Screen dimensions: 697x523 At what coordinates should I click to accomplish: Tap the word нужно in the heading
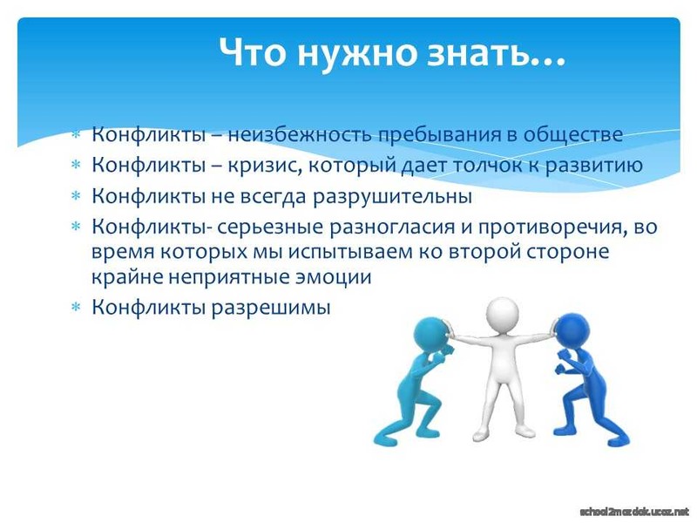coord(355,52)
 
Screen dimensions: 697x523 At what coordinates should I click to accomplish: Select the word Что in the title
coord(252,51)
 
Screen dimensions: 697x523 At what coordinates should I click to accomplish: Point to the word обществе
coord(573,134)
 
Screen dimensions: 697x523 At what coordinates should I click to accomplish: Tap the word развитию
coord(594,166)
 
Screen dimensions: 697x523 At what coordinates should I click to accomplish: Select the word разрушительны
coord(392,196)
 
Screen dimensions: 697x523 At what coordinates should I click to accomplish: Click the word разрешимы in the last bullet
coord(271,308)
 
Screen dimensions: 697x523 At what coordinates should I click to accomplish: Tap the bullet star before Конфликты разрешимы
coord(77,307)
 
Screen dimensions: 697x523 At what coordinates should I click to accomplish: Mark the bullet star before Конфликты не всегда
coord(77,195)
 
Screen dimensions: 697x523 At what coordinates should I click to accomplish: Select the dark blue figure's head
coord(572,331)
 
